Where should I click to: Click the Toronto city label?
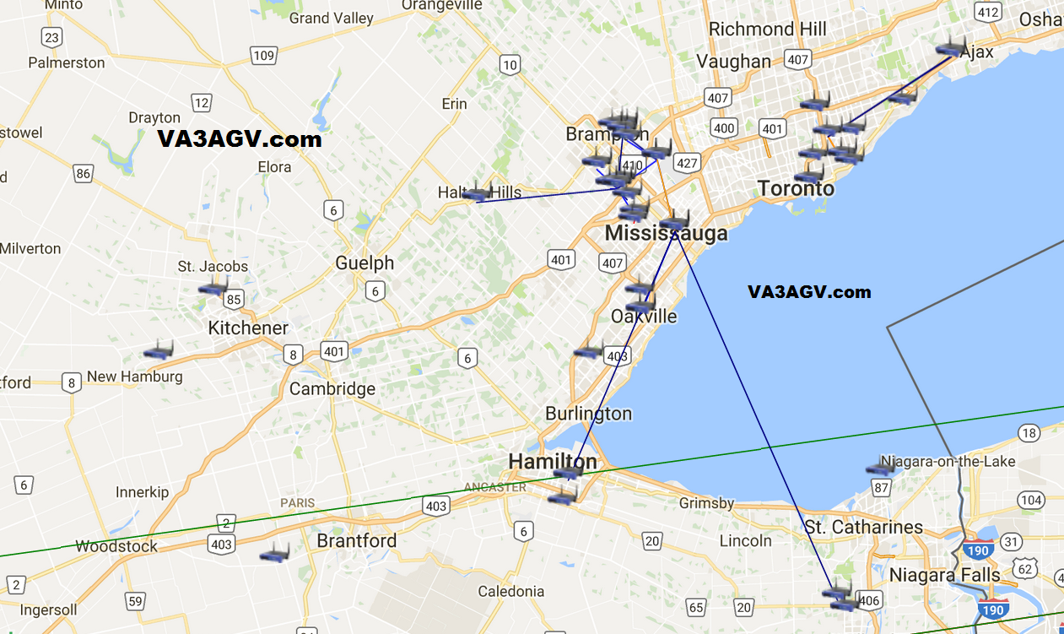click(796, 188)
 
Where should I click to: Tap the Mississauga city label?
click(666, 234)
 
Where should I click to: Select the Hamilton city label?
click(552, 462)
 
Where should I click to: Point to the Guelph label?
click(365, 263)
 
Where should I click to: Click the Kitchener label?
click(248, 328)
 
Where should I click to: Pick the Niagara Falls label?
click(944, 576)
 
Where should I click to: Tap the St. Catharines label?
click(863, 528)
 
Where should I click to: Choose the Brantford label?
click(356, 541)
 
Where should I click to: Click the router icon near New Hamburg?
click(158, 350)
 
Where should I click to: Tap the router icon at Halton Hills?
click(477, 192)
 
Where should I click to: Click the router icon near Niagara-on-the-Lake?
click(880, 467)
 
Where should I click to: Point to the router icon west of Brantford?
click(274, 554)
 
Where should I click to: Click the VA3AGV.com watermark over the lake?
click(808, 292)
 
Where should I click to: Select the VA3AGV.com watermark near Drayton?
click(240, 139)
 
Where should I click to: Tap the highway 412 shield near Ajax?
click(987, 12)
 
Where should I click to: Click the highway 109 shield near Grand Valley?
click(263, 56)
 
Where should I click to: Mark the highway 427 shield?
click(687, 163)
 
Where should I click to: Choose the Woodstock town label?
click(116, 546)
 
